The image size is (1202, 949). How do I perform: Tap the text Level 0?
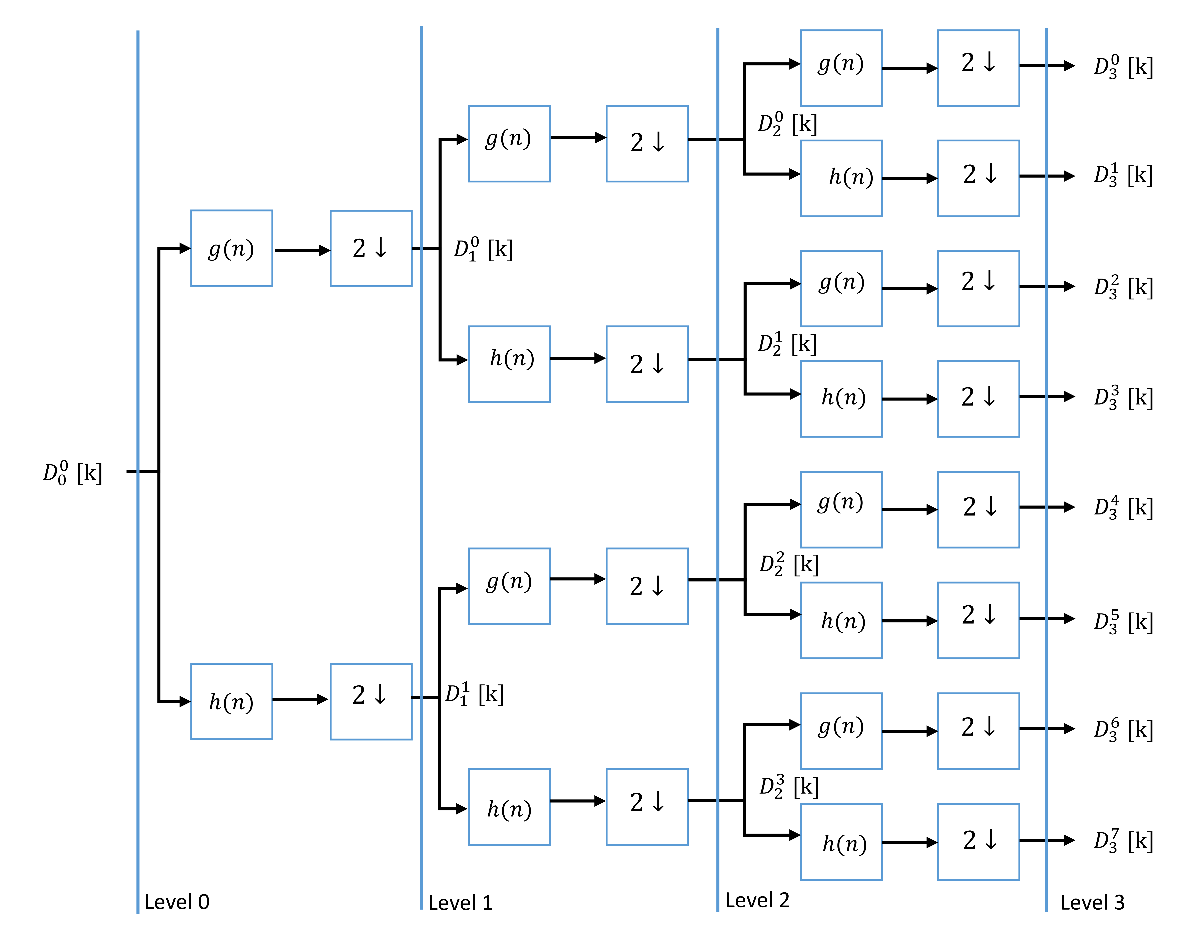point(176,902)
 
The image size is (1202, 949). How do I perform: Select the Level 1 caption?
point(460,903)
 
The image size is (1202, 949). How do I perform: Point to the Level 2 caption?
point(757,900)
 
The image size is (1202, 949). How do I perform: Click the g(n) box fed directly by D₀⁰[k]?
point(231,248)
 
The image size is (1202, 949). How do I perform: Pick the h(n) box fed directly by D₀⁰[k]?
point(231,701)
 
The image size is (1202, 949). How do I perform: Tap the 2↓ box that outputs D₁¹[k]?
point(371,701)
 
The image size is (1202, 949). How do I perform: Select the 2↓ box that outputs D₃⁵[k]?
point(978,620)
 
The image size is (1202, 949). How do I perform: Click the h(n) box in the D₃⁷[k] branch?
point(841,842)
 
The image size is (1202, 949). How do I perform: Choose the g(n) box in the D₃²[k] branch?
point(841,288)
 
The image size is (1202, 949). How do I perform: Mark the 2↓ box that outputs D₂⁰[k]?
point(647,143)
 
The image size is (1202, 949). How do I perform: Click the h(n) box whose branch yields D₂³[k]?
point(509,807)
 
